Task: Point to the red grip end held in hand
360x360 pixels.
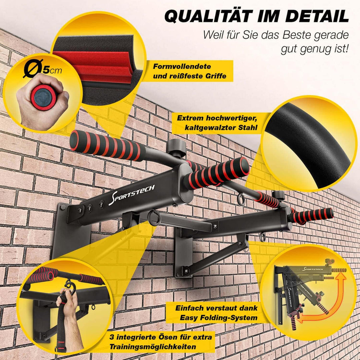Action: click(x=44, y=97)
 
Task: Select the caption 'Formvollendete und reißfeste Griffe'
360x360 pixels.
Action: click(x=189, y=71)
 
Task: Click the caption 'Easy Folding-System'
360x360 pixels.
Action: click(x=216, y=313)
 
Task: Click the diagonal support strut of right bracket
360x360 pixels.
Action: click(x=217, y=257)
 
